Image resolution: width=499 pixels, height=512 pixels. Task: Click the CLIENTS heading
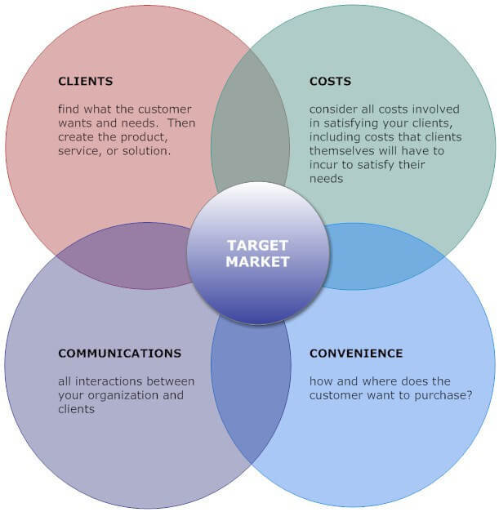point(86,81)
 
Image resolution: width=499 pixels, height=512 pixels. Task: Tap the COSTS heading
point(330,81)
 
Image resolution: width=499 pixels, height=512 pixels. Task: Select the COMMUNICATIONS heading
point(119,353)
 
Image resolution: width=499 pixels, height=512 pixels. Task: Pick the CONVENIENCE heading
point(356,353)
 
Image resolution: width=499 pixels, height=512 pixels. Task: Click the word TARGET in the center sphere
point(257,245)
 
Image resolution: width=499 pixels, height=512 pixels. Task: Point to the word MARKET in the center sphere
point(257,261)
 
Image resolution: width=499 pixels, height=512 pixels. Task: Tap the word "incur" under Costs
point(323,165)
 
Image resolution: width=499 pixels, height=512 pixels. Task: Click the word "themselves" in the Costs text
point(336,151)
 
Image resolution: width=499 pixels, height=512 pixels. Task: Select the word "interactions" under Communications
point(109,381)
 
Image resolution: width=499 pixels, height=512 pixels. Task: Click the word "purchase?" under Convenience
point(443,396)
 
